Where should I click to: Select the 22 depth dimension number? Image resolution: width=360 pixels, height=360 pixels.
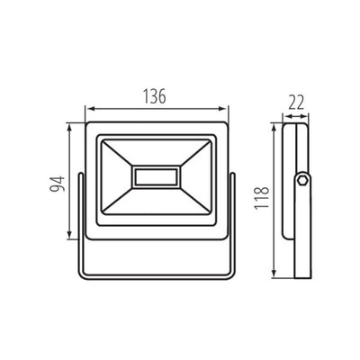tap(293, 103)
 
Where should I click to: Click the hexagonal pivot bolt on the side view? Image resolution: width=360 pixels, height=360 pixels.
tap(303, 183)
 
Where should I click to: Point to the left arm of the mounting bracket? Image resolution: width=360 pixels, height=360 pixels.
tap(81, 216)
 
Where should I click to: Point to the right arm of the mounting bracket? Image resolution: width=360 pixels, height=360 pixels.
tap(234, 216)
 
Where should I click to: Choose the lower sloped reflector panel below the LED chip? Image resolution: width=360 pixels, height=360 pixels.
tap(157, 202)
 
